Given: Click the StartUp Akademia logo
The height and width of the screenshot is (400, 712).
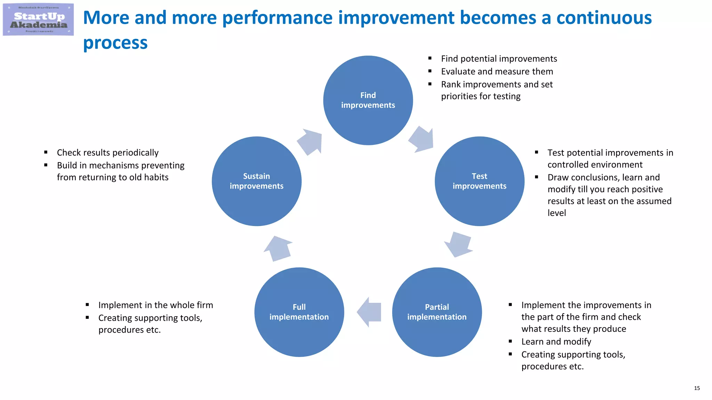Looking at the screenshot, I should tap(38, 20).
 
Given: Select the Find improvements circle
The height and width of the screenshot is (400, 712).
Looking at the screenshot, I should tap(368, 100).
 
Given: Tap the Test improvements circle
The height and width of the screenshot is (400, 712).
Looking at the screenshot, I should tap(479, 181).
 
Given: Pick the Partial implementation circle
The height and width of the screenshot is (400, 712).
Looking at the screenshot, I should tap(437, 312).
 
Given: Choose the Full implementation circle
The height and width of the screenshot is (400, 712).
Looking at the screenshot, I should tap(299, 312).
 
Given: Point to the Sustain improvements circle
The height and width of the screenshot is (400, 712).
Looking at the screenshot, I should tap(257, 181).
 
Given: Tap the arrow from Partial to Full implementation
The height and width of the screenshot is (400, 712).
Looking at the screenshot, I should tap(370, 312).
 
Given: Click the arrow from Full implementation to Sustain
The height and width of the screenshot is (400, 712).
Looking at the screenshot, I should tap(278, 248).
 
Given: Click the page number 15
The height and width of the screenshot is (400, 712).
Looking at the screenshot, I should tap(697, 388).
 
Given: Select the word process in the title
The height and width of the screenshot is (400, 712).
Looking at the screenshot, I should tap(115, 43).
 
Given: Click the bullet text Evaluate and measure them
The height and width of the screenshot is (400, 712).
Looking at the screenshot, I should tap(497, 72).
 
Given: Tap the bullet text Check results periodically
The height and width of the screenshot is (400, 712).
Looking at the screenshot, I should tap(108, 152).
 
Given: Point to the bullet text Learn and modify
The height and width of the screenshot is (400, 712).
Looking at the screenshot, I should tap(556, 342).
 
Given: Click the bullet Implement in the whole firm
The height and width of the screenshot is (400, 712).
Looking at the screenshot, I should tap(155, 305).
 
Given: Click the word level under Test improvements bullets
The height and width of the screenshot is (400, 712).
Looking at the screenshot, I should tap(557, 213).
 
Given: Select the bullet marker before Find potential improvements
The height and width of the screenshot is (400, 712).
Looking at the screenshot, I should tap(430, 58).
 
